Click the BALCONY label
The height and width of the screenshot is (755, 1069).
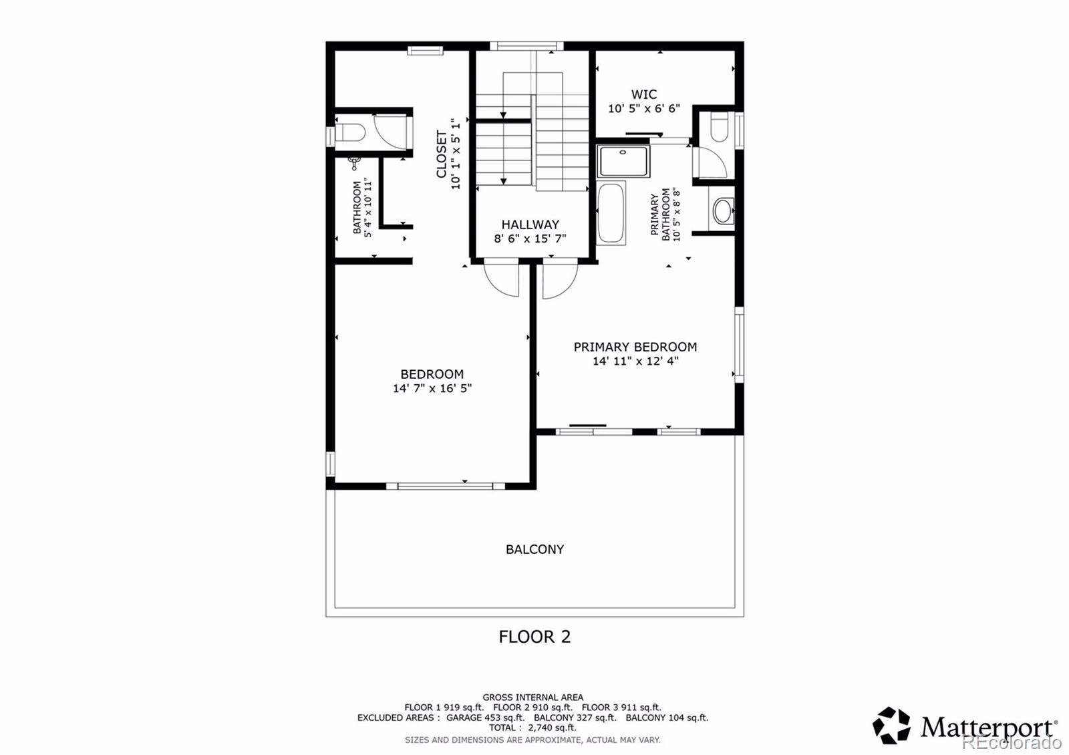click(x=534, y=549)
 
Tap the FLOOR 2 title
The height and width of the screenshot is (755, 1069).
click(x=534, y=637)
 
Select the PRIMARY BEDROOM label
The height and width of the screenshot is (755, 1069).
click(x=635, y=347)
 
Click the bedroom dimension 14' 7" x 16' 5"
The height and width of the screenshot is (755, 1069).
click(x=432, y=388)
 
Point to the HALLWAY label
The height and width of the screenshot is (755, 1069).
click(x=530, y=224)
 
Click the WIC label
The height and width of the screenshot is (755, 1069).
click(x=644, y=94)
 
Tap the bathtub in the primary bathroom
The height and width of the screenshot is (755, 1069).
click(x=611, y=212)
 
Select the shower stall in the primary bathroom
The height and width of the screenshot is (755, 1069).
click(x=623, y=161)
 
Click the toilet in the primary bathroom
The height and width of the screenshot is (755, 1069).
click(x=718, y=128)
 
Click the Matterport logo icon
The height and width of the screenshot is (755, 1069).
click(x=891, y=726)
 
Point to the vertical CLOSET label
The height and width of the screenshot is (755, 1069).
click(x=442, y=154)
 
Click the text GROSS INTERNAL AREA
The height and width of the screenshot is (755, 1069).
click(x=532, y=698)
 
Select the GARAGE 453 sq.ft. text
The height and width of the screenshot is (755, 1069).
click(x=485, y=718)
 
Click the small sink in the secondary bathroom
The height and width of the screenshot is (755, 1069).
click(x=355, y=160)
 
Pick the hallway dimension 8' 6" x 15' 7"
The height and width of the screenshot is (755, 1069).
click(x=530, y=239)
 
